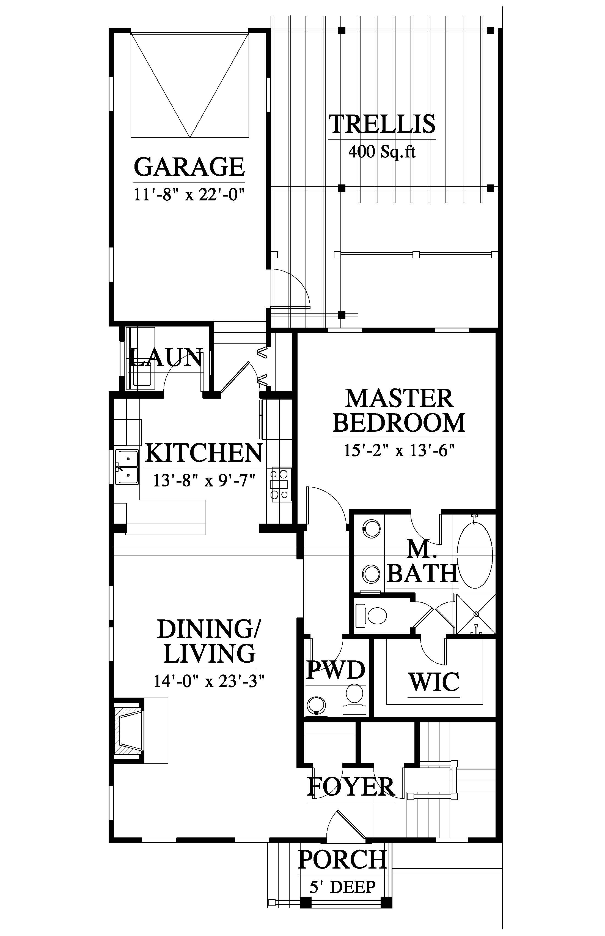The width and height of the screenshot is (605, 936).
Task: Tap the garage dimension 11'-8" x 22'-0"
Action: (x=189, y=194)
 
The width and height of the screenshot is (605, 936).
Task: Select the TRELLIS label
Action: (x=382, y=124)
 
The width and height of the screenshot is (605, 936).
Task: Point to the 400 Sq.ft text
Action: (x=382, y=151)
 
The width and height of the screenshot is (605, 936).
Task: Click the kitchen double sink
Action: (x=127, y=467)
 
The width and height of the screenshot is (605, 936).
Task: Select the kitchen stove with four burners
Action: (x=280, y=485)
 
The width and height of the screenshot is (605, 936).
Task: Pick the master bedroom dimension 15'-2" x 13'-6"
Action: (x=399, y=450)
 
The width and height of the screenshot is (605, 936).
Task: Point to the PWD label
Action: (x=336, y=670)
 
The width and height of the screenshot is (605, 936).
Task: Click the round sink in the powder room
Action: (x=317, y=706)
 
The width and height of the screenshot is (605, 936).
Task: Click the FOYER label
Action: (x=351, y=786)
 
